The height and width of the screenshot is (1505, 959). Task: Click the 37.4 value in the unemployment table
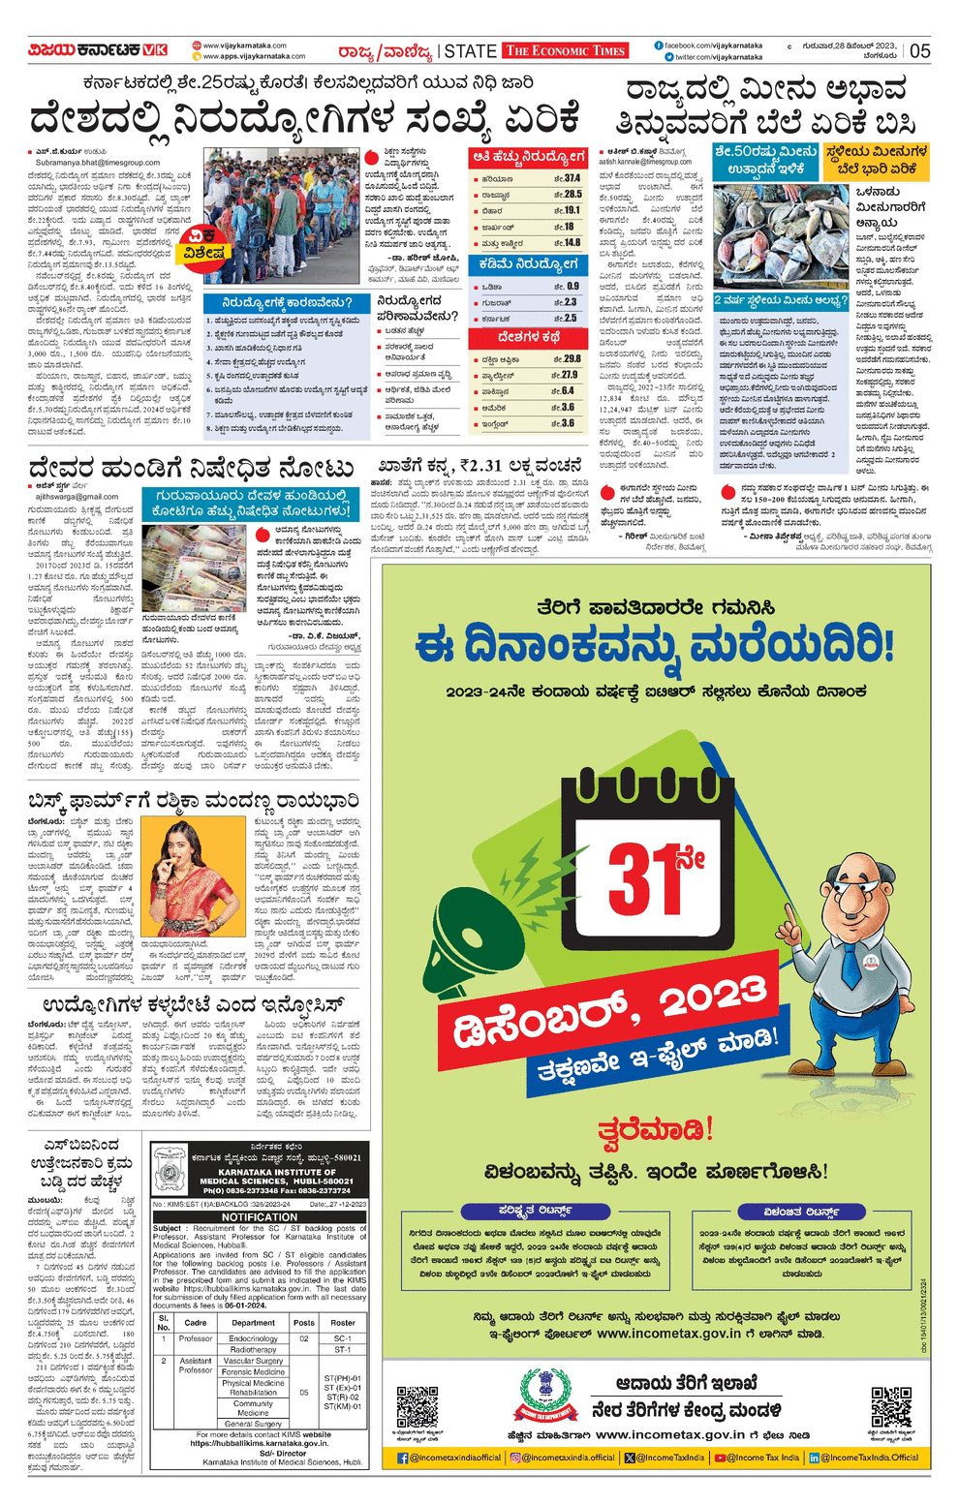572,178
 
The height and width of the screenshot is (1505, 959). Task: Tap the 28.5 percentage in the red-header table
572,195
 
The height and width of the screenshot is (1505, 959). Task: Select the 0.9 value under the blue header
572,287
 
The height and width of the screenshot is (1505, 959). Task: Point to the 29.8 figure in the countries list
571,359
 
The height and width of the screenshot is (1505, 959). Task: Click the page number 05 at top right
919,50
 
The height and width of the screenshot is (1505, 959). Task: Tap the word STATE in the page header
471,50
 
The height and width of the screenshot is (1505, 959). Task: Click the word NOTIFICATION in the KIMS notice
260,1216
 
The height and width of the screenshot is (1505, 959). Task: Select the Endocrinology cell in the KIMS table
253,1338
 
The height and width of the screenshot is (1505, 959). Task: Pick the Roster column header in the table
342,1322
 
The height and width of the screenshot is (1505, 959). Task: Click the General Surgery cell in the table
253,1424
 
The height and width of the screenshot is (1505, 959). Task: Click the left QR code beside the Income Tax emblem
418,1407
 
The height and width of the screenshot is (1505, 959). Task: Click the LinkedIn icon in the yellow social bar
815,1457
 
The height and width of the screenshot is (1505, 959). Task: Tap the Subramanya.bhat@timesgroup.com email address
97,163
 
